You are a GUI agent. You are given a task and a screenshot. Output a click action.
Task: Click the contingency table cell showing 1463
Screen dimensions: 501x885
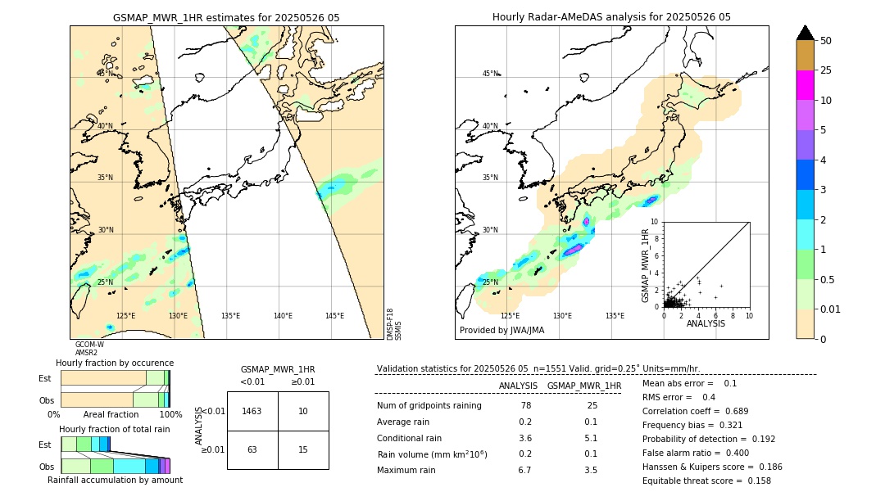pyautogui.click(x=252, y=411)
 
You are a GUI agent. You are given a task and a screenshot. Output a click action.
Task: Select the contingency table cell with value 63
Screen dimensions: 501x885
pyautogui.click(x=252, y=449)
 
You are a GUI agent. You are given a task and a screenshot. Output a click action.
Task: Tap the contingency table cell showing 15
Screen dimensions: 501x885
pyautogui.click(x=303, y=449)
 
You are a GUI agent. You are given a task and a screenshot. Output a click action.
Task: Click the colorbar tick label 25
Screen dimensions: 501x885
pyautogui.click(x=827, y=70)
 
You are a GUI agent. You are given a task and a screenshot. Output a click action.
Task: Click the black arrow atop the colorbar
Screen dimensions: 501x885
pyautogui.click(x=806, y=33)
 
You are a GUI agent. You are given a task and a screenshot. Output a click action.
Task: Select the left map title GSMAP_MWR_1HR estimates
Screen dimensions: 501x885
pyautogui.click(x=226, y=17)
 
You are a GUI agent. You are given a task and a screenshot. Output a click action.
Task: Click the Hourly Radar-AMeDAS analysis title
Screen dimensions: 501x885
pyautogui.click(x=611, y=17)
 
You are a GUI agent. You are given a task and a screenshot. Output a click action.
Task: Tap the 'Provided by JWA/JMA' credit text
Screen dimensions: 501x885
pyautogui.click(x=501, y=331)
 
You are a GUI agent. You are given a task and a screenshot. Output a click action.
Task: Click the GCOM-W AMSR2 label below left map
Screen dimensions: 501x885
pyautogui.click(x=88, y=349)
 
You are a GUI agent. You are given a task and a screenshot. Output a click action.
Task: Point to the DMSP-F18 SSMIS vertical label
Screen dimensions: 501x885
pyautogui.click(x=394, y=324)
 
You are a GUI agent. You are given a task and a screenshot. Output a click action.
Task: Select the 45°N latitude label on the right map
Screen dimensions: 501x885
pyautogui.click(x=490, y=74)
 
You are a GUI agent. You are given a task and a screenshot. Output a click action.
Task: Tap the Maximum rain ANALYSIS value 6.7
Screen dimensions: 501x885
pyautogui.click(x=525, y=470)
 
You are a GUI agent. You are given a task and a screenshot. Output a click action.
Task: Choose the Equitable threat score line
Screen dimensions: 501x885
pyautogui.click(x=706, y=481)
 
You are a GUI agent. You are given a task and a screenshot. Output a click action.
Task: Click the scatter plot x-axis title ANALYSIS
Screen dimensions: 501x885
pyautogui.click(x=706, y=323)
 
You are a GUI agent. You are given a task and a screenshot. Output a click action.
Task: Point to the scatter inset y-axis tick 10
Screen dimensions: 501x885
pyautogui.click(x=654, y=222)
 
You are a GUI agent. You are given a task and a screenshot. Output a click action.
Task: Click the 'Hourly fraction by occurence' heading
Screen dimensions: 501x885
pyautogui.click(x=115, y=363)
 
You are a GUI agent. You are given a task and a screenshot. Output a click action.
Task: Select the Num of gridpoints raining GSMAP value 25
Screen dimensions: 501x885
pyautogui.click(x=592, y=406)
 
